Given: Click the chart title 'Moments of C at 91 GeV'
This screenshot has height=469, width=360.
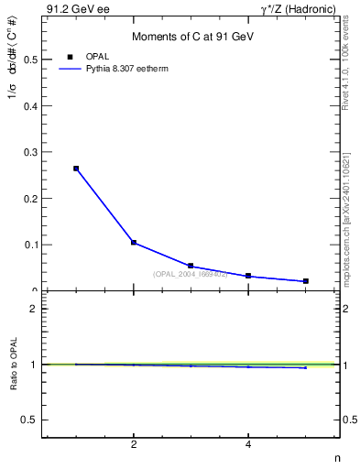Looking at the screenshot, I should [x=192, y=37].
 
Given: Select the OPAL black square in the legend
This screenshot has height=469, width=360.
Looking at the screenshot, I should [x=70, y=57].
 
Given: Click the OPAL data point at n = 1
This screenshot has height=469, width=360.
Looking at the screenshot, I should [x=76, y=169].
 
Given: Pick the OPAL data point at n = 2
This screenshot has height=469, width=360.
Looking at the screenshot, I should [x=134, y=243].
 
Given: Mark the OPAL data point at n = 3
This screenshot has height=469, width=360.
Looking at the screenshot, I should [x=191, y=266].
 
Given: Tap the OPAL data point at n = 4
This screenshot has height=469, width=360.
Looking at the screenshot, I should [x=248, y=276].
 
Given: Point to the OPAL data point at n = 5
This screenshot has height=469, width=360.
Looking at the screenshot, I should [x=305, y=281].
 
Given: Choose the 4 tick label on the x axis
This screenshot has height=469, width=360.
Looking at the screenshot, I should [x=248, y=445].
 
